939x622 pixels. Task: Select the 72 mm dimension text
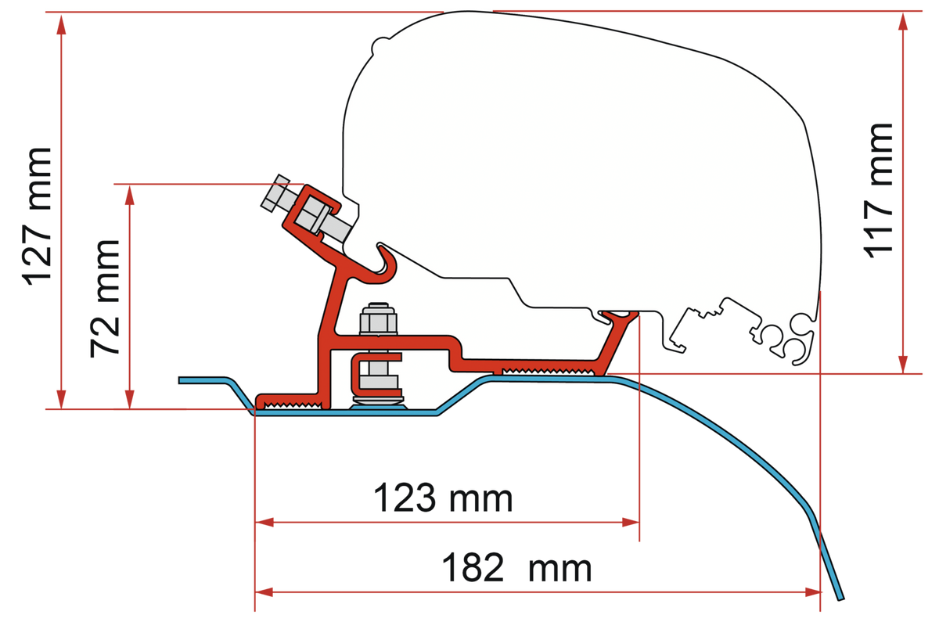[x=105, y=298]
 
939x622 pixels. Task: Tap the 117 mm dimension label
[x=877, y=191]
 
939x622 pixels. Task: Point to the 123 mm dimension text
[x=443, y=498]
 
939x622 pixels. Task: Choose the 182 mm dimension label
[x=516, y=568]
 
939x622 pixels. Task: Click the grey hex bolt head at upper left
[x=275, y=192]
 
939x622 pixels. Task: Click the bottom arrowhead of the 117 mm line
[x=903, y=364]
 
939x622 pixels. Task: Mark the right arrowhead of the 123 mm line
[x=630, y=523]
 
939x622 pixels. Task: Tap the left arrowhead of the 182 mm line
[x=264, y=592]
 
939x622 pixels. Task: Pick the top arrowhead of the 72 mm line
[x=130, y=195]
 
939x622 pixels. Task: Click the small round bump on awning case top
[x=380, y=45]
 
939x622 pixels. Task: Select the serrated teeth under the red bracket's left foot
[x=293, y=405]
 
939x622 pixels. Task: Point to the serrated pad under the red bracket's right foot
[x=549, y=371]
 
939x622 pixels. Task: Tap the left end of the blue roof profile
[x=181, y=380]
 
